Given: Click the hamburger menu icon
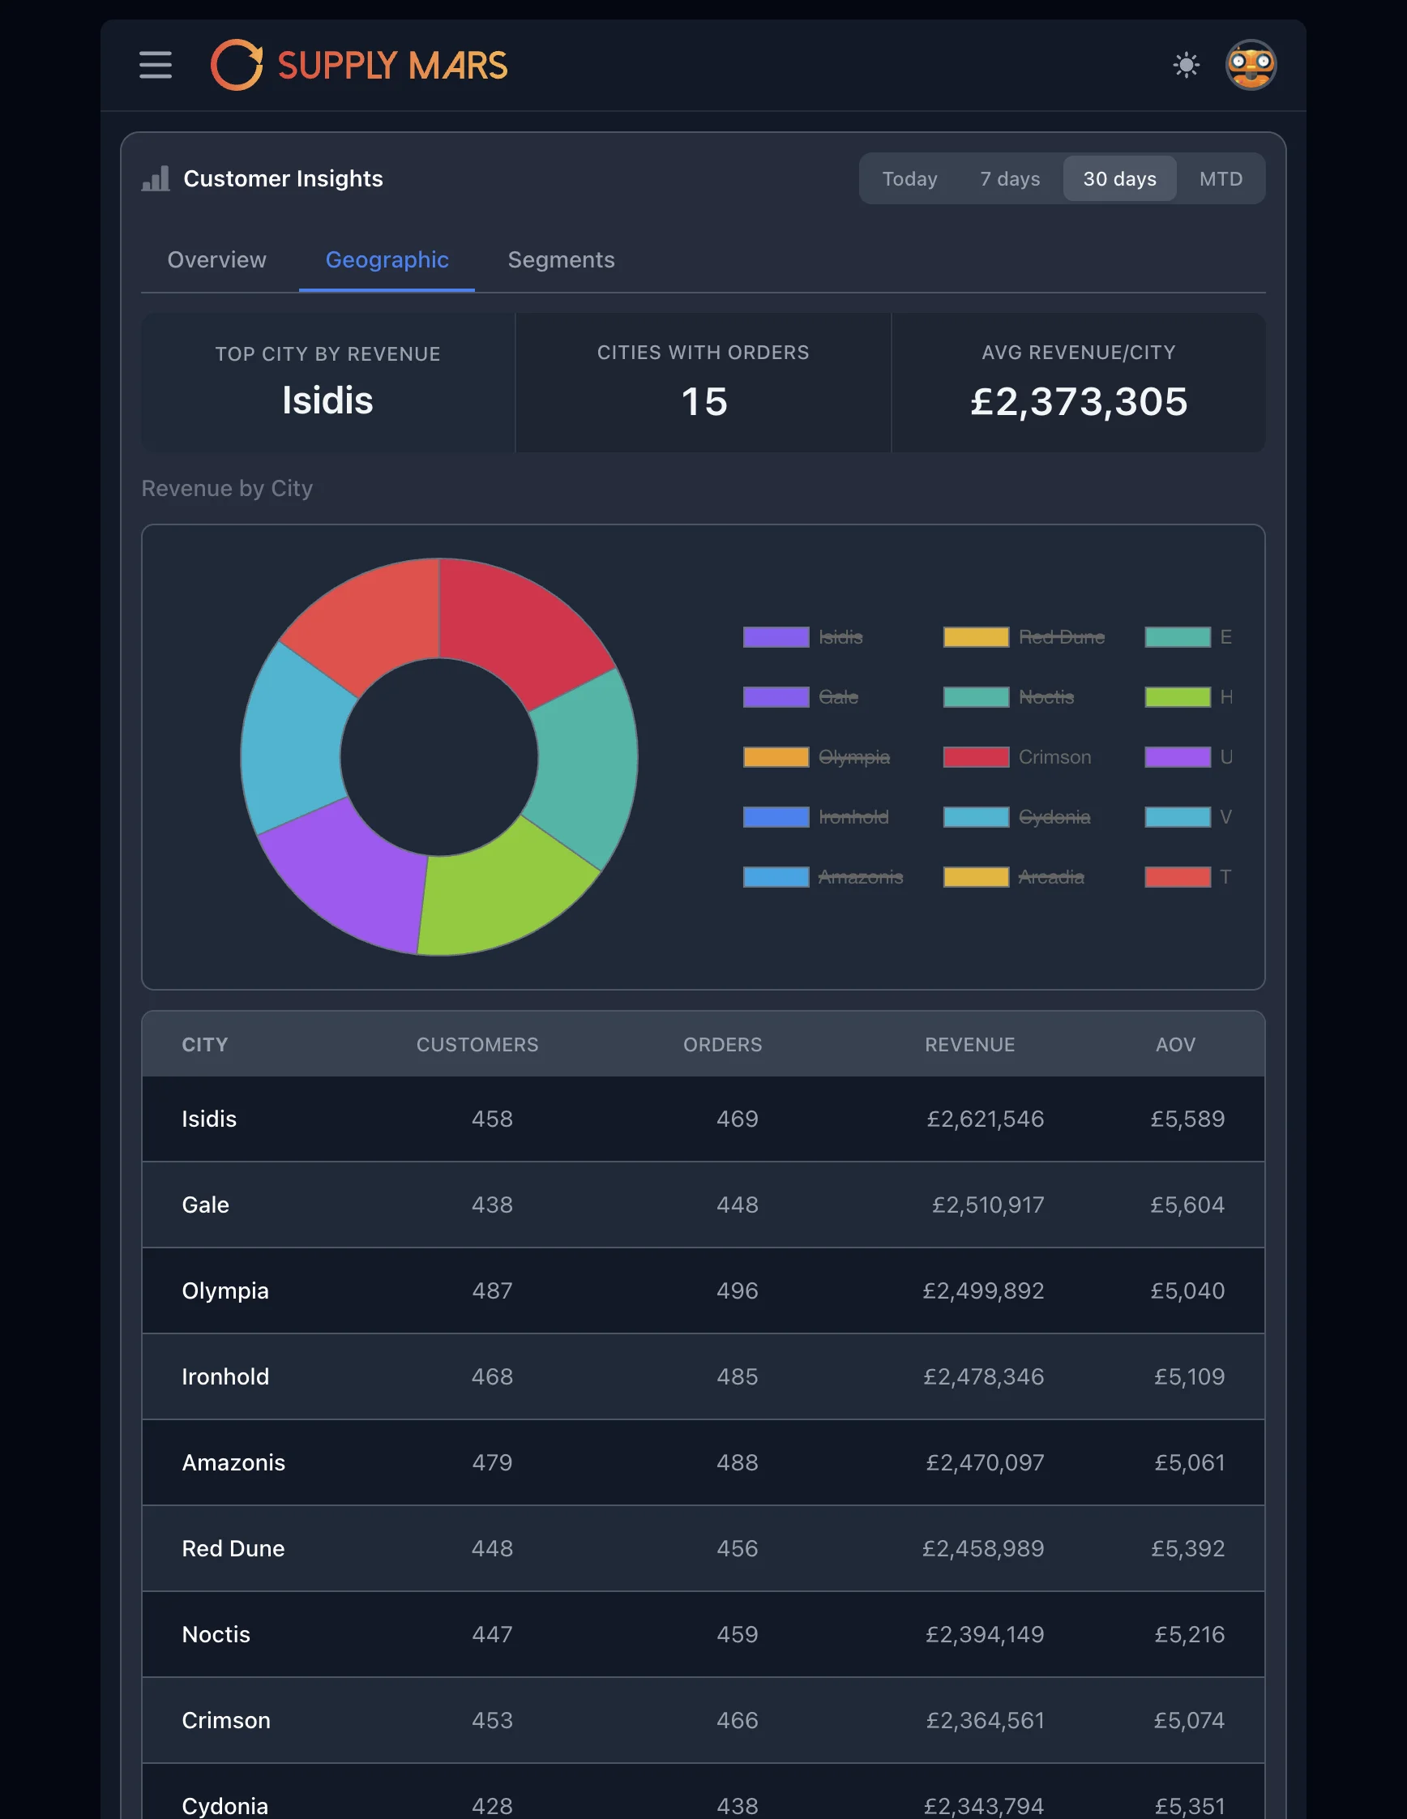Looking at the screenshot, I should point(156,65).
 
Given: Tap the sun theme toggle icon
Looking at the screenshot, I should point(1186,65).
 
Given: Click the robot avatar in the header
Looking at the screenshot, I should point(1251,65).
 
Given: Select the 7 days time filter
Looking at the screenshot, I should point(1009,179).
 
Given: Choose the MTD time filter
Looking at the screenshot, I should point(1221,179).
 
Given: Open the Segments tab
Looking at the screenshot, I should point(561,260).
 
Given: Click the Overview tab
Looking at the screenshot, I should point(216,260).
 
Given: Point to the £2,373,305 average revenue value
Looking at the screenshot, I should point(1078,401).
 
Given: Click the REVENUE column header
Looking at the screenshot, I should point(969,1044).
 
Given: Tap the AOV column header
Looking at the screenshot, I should point(1174,1044).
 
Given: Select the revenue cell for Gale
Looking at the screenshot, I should point(987,1205).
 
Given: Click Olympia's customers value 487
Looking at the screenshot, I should point(492,1290).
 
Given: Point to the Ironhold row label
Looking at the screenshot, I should point(225,1376).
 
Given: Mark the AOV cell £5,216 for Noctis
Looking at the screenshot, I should point(1189,1634).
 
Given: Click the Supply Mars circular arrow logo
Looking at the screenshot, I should point(237,65).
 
